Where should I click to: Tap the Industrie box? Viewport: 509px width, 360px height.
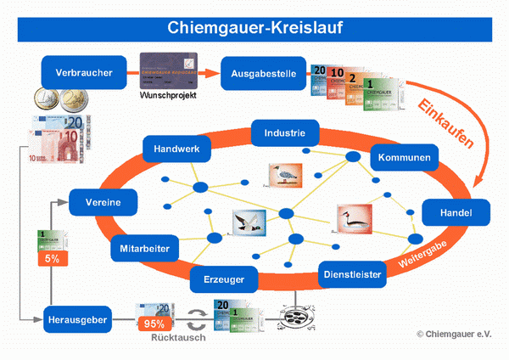(x=285, y=132)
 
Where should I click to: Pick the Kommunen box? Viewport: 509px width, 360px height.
(x=405, y=158)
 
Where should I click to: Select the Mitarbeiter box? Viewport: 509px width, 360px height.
(x=144, y=250)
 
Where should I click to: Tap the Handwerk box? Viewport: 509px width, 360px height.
(x=176, y=150)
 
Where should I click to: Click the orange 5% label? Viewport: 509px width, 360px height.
(x=52, y=258)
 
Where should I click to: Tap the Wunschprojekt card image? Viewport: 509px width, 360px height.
(x=169, y=68)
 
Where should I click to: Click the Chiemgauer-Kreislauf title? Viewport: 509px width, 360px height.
(x=255, y=27)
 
